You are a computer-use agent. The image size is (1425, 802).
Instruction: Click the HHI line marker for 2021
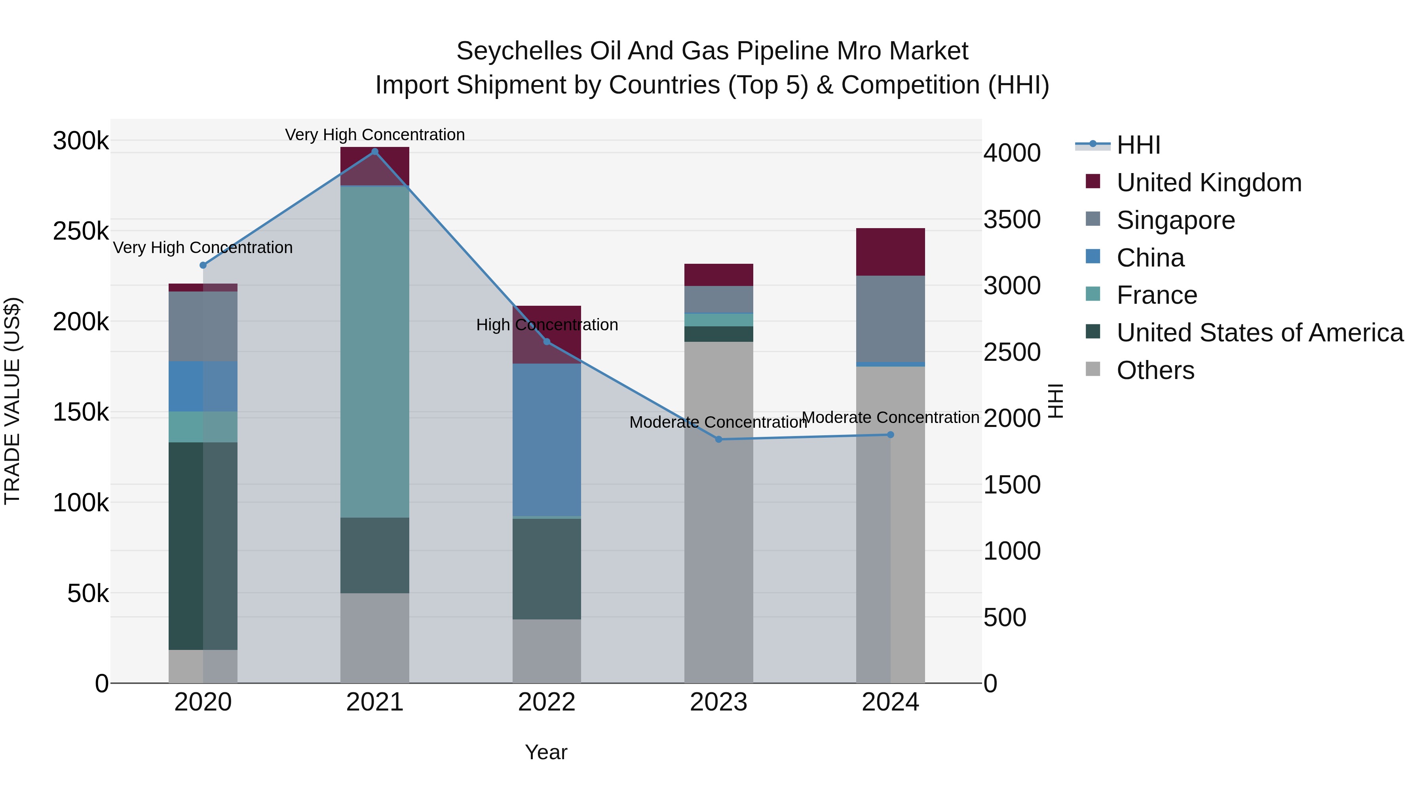[x=374, y=152]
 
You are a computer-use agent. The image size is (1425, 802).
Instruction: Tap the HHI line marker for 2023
[x=718, y=440]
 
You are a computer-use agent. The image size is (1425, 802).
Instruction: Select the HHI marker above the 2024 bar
[x=890, y=435]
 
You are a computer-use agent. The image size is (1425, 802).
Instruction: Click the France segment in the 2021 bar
[x=374, y=351]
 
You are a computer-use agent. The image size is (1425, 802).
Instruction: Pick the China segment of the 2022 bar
[x=547, y=440]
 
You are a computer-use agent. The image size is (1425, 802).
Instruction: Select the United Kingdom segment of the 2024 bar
[x=890, y=252]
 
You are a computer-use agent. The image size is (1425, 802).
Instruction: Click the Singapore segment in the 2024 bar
[x=890, y=319]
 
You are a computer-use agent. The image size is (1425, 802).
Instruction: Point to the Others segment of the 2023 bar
[x=718, y=512]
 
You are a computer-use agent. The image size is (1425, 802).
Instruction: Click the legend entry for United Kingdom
[x=1209, y=183]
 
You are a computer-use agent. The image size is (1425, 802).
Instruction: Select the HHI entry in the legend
[x=1138, y=145]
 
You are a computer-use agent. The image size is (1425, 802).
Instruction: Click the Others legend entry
[x=1155, y=370]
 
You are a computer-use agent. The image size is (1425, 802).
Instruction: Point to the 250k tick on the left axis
[x=81, y=231]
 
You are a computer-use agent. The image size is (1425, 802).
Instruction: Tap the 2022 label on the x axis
[x=547, y=702]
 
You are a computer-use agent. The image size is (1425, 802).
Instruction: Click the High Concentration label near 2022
[x=547, y=325]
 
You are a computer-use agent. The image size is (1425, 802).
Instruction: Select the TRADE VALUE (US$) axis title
[x=12, y=401]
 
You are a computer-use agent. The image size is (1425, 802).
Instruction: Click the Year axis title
[x=546, y=752]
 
